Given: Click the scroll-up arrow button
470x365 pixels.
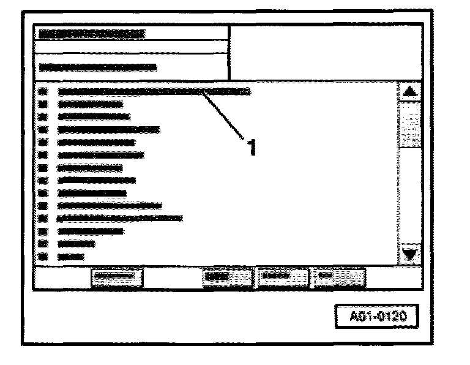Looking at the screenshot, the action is pos(410,92).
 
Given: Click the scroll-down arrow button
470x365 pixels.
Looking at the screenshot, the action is pos(410,254).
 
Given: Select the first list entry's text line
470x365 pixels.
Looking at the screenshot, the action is pos(154,92).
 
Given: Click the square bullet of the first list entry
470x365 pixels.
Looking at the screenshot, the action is pos(43,92).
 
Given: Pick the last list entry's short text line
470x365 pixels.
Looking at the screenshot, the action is pos(70,257).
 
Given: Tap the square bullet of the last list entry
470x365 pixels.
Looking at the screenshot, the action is pos(43,257).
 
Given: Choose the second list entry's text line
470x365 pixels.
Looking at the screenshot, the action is pos(90,104).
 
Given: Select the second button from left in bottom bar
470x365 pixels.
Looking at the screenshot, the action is pos(226,277).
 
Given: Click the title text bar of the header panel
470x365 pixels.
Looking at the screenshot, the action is pos(91,34).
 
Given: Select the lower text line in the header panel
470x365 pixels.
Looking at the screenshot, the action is pos(97,67).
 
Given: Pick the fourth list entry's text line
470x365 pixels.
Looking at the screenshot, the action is pos(108,129).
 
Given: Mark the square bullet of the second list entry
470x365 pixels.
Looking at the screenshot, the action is pos(43,104).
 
